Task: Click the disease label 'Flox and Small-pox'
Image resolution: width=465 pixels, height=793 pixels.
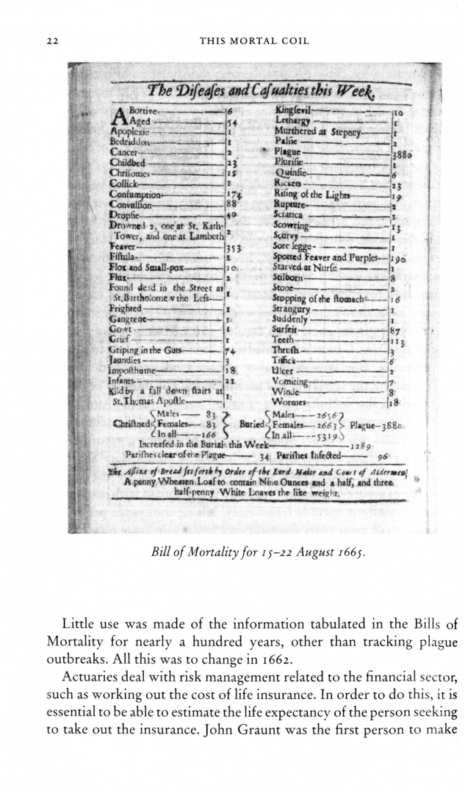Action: coord(148,269)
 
